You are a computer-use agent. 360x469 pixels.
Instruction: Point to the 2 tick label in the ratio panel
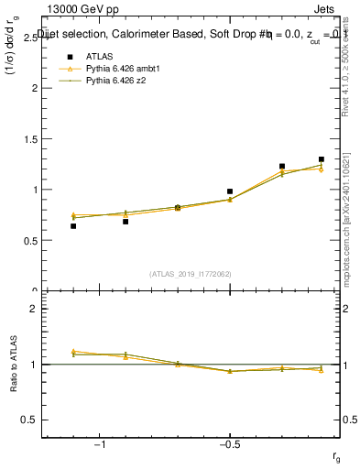pyautogui.click(x=35, y=309)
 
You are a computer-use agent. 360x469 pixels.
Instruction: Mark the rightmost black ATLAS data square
pyautogui.click(x=322, y=159)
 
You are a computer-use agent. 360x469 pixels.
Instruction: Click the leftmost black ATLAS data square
pyautogui.click(x=73, y=225)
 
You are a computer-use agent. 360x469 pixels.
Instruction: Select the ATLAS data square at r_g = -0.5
pyautogui.click(x=230, y=191)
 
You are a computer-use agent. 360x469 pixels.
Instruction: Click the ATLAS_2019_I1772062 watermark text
pyautogui.click(x=191, y=273)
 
